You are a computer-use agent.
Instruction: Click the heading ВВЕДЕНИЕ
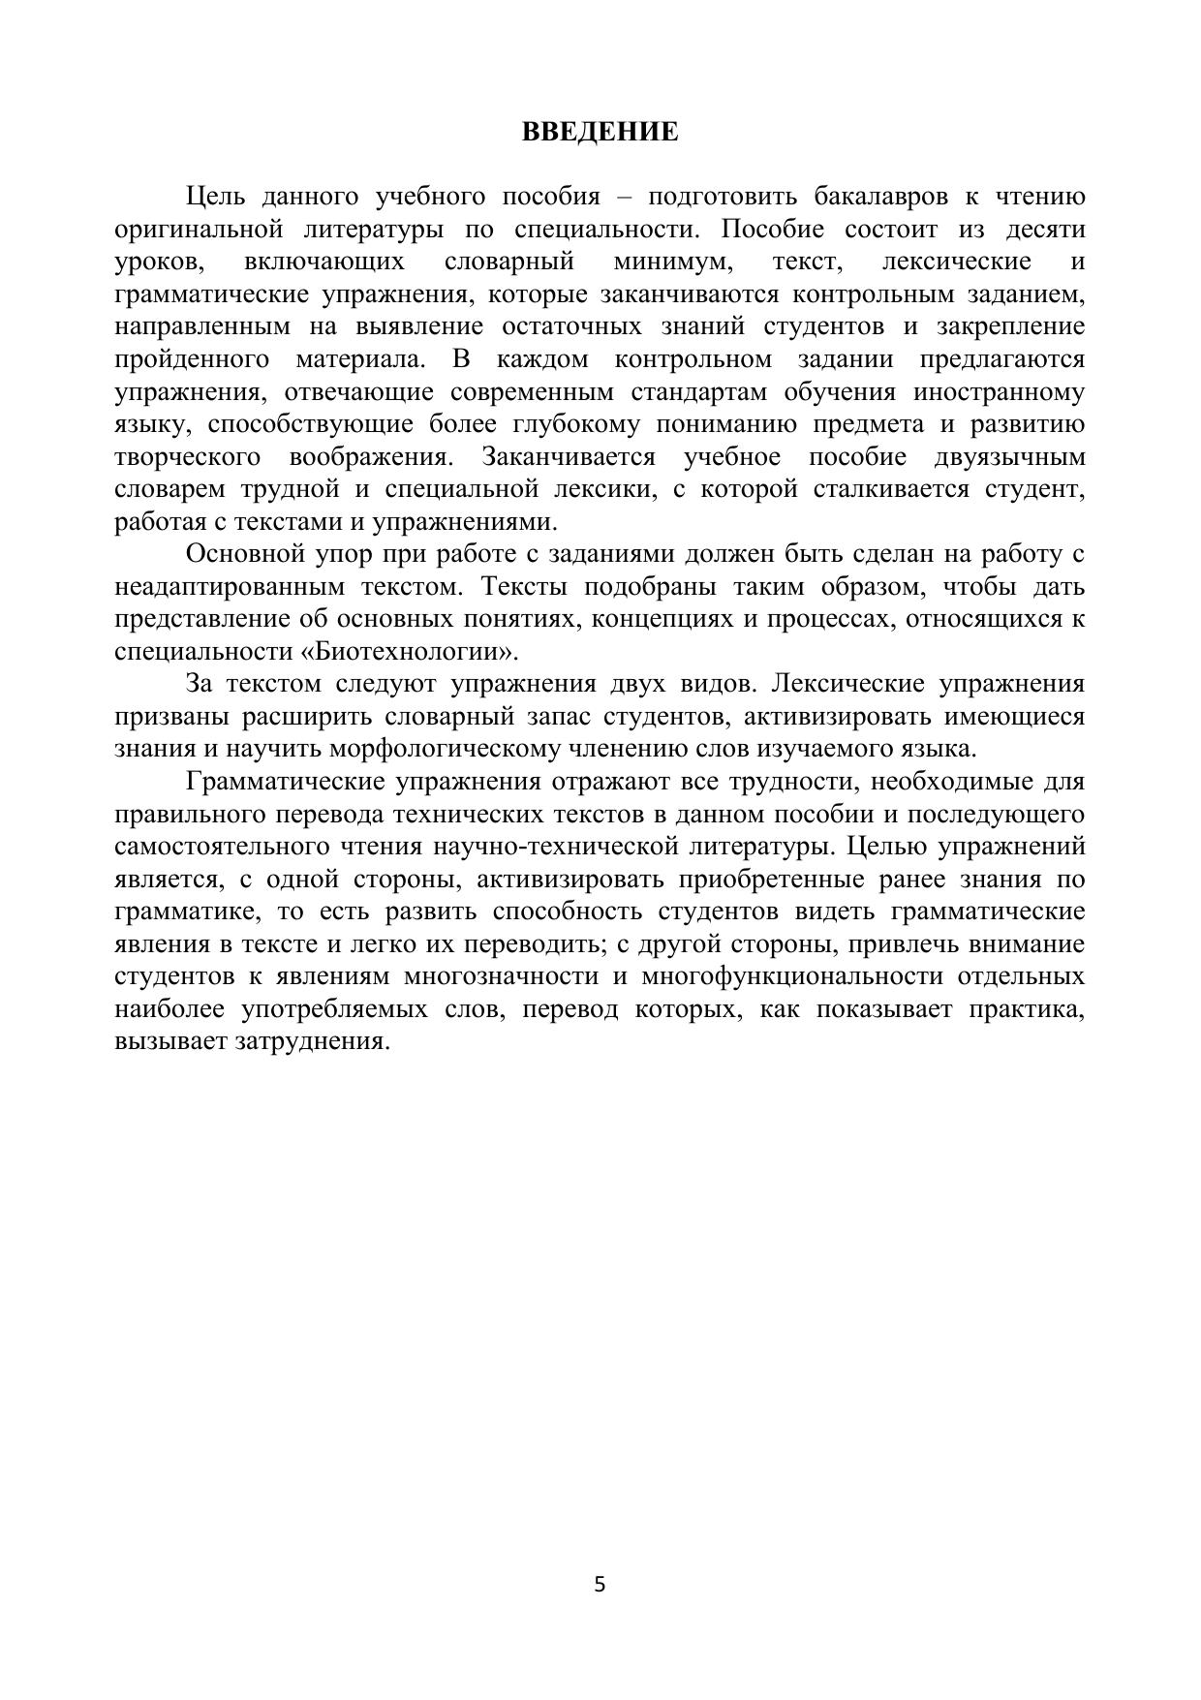(600, 132)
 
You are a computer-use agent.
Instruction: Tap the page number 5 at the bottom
(600, 1585)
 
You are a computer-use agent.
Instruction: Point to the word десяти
(1046, 230)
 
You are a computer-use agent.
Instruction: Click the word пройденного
(192, 359)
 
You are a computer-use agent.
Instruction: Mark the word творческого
(187, 457)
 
